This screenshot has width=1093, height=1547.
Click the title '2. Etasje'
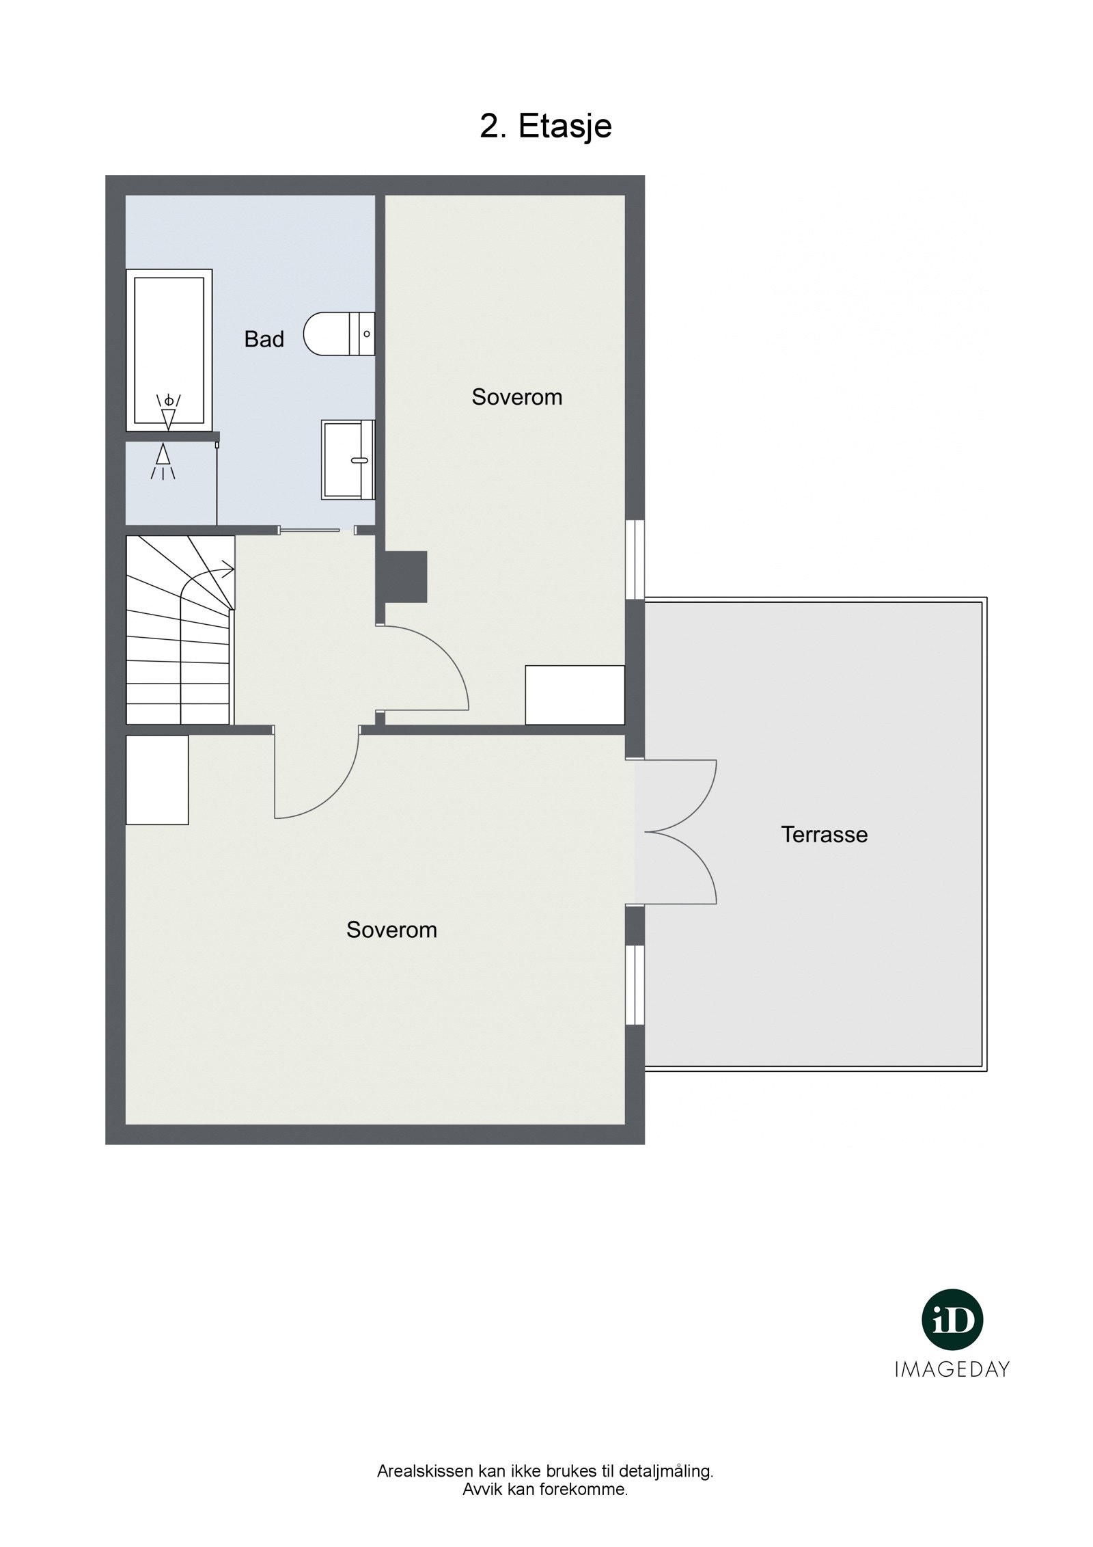(545, 126)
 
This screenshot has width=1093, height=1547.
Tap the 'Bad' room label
(264, 339)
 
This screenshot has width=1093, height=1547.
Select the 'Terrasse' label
(824, 834)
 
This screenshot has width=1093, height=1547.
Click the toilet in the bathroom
(340, 334)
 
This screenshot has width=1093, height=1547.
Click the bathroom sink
(348, 459)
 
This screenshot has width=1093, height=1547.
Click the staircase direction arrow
(208, 578)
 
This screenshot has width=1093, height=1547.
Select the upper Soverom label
(516, 397)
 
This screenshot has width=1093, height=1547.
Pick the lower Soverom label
(391, 930)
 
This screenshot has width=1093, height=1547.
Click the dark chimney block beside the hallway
(406, 576)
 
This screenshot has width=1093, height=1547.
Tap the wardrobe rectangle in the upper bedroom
(575, 695)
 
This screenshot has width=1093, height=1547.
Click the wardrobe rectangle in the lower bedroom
(157, 780)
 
